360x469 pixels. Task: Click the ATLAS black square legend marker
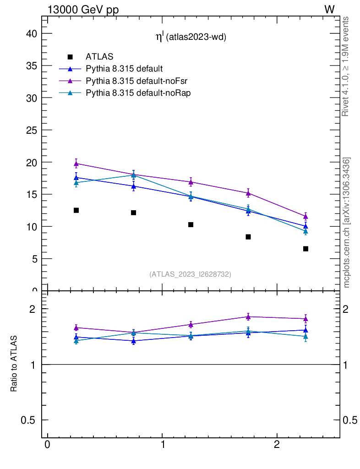click(x=70, y=57)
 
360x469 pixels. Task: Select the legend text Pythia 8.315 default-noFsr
click(x=137, y=81)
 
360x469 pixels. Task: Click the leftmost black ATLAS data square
click(x=76, y=210)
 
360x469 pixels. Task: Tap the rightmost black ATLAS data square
click(x=305, y=249)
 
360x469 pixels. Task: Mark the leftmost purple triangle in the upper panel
click(x=76, y=164)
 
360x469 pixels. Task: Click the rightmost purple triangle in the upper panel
click(x=305, y=216)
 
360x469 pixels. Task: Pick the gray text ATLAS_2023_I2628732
click(x=190, y=274)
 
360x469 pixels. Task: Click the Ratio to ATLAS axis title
click(x=14, y=364)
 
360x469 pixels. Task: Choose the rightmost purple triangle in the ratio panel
click(x=305, y=319)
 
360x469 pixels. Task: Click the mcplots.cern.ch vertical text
click(x=347, y=223)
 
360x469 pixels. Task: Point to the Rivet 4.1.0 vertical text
click(x=346, y=66)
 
